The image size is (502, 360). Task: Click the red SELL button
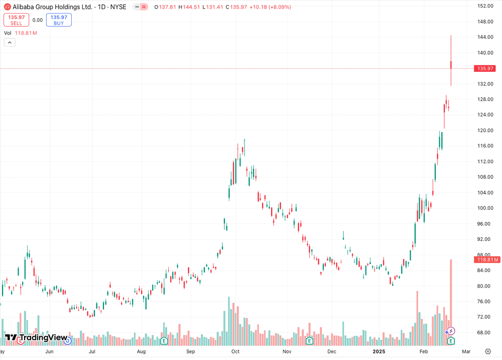point(16,20)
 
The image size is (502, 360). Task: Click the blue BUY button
point(59,20)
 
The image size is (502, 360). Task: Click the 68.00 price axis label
point(484,332)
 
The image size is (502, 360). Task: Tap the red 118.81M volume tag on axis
point(487,260)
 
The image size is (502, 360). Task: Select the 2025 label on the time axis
point(379,351)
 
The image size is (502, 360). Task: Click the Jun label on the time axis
point(49,351)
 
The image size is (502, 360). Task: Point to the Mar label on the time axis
point(466,351)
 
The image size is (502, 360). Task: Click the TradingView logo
point(36,338)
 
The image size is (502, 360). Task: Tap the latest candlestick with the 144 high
point(451,64)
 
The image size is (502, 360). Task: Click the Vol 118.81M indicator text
point(21,33)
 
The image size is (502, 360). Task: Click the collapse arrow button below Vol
point(10,43)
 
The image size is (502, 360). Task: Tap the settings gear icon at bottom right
point(487,351)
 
